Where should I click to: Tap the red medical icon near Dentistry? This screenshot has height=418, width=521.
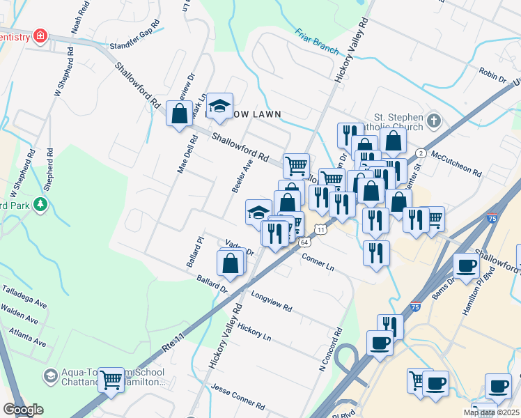[x=40, y=36]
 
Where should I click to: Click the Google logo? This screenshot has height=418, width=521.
[x=22, y=410]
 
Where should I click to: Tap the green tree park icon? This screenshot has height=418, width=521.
[x=40, y=204]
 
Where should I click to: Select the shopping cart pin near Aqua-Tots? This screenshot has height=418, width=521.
[x=111, y=380]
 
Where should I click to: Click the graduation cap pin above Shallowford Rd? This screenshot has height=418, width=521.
[x=220, y=106]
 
